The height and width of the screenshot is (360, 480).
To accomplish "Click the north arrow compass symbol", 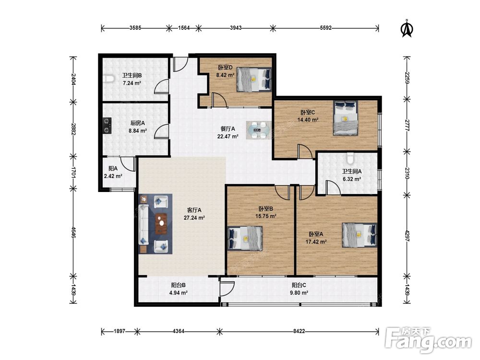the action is click(x=407, y=28).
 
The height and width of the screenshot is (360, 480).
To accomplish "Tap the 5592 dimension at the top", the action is click(x=326, y=28).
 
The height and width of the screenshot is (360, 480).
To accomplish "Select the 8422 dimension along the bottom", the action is click(x=299, y=331).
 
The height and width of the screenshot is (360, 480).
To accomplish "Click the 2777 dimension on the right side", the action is click(x=407, y=125).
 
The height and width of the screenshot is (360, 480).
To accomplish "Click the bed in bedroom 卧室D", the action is click(x=254, y=79).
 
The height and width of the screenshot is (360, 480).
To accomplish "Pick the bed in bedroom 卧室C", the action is click(x=346, y=118).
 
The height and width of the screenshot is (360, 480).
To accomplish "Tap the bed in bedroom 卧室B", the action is click(x=245, y=238).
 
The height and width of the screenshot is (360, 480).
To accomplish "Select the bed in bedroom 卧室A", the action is click(x=360, y=235).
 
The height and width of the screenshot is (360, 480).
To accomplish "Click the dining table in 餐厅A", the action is click(x=259, y=130).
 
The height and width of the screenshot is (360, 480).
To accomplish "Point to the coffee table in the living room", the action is click(x=161, y=224).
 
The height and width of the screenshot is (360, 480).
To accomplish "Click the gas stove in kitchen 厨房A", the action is click(x=107, y=126).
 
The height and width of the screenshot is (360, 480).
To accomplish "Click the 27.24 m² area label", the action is click(x=194, y=218).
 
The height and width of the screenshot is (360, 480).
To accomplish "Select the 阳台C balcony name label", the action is click(x=299, y=285).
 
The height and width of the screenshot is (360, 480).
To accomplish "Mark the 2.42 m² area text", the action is click(x=113, y=176).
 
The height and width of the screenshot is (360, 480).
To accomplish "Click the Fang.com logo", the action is click(x=428, y=340).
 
